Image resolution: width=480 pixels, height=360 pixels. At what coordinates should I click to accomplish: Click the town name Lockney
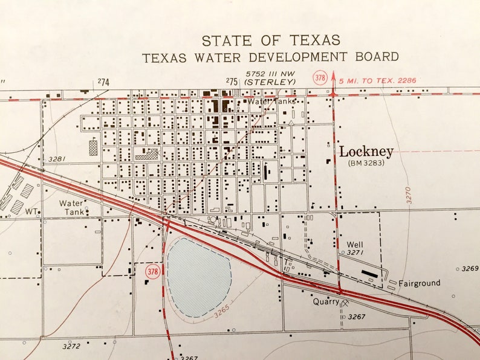pyautogui.click(x=366, y=152)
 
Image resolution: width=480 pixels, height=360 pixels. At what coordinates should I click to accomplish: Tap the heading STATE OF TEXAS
pyautogui.click(x=271, y=40)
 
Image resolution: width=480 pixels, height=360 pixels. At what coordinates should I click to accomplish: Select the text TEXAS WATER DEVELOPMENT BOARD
pyautogui.click(x=270, y=57)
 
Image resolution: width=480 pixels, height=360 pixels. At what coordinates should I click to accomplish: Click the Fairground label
pyautogui.click(x=419, y=283)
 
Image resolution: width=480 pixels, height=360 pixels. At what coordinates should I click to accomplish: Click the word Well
pyautogui.click(x=354, y=245)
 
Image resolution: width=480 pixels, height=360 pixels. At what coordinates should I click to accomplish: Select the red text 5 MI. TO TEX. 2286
pyautogui.click(x=378, y=80)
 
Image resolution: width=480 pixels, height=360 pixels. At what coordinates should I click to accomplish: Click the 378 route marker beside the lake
pyautogui.click(x=153, y=272)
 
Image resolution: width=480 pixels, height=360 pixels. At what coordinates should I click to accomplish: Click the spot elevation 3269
pyautogui.click(x=470, y=268)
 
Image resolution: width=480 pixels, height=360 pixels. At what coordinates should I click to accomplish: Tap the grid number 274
pyautogui.click(x=104, y=82)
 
